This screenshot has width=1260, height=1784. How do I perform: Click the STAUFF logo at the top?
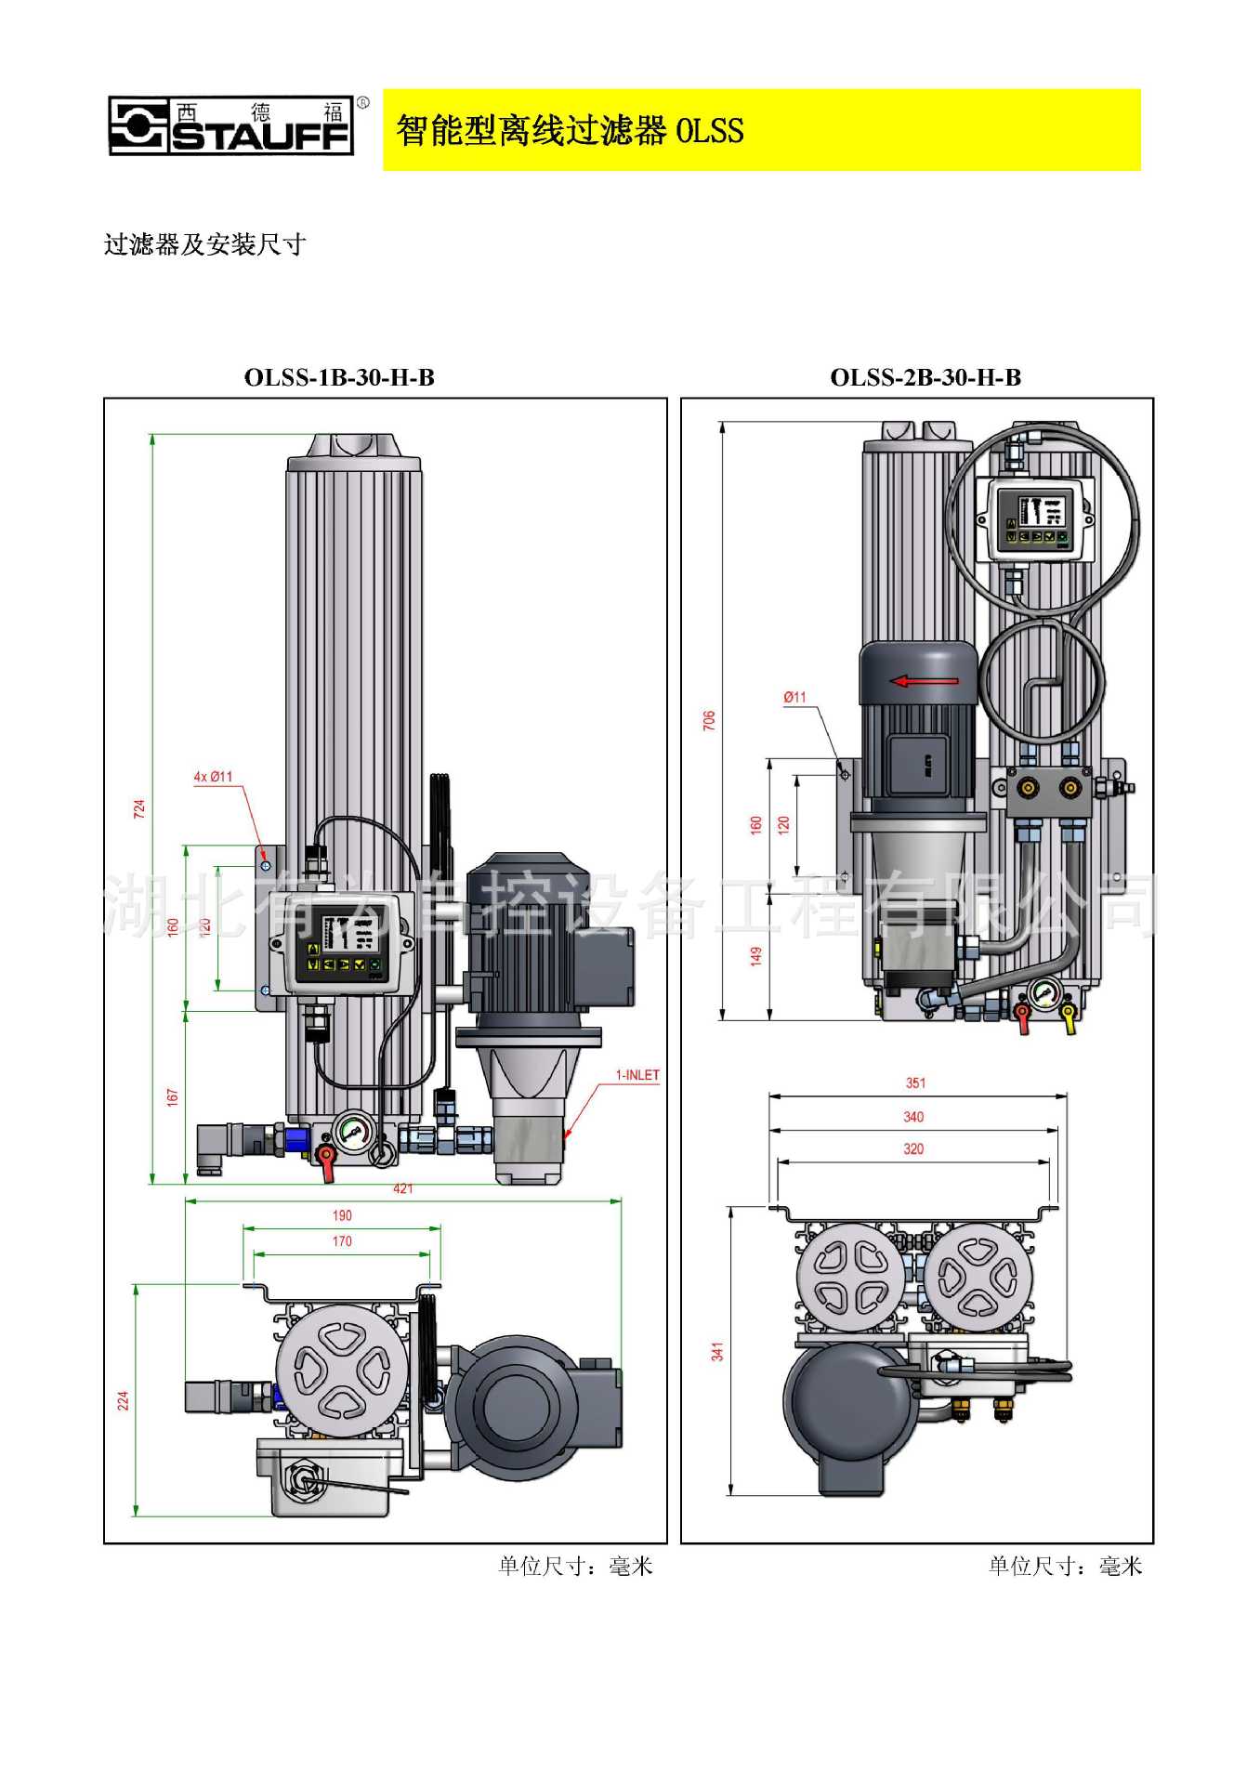pyautogui.click(x=231, y=125)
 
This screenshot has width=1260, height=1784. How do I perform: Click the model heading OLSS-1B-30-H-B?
pyautogui.click(x=339, y=377)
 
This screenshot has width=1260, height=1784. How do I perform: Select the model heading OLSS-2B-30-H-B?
pyautogui.click(x=925, y=377)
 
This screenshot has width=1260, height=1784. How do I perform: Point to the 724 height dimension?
pyautogui.click(x=139, y=808)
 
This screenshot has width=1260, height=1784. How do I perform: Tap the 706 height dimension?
pyautogui.click(x=709, y=719)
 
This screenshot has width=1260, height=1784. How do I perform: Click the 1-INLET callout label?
pyautogui.click(x=637, y=1075)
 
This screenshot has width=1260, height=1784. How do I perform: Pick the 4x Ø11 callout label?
pyautogui.click(x=213, y=777)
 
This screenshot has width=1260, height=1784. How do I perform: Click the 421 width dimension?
pyautogui.click(x=403, y=1188)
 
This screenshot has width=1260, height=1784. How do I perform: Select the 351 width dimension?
pyautogui.click(x=915, y=1082)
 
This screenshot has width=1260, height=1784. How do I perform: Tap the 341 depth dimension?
pyautogui.click(x=717, y=1352)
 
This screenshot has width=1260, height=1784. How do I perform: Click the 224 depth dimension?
pyautogui.click(x=123, y=1401)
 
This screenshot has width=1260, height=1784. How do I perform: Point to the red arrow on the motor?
pyautogui.click(x=924, y=681)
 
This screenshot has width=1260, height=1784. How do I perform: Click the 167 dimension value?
pyautogui.click(x=172, y=1097)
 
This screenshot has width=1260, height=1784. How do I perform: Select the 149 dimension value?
pyautogui.click(x=755, y=955)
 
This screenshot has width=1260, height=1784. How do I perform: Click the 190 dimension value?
pyautogui.click(x=342, y=1215)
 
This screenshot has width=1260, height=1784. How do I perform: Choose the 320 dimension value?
pyautogui.click(x=913, y=1149)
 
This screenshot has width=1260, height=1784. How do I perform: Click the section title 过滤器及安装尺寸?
pyautogui.click(x=204, y=245)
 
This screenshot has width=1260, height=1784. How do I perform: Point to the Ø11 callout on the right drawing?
pyautogui.click(x=794, y=697)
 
